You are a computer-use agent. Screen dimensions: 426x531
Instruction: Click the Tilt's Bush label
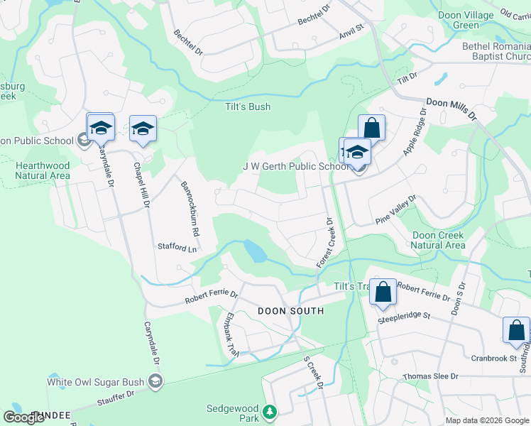[x=248, y=107]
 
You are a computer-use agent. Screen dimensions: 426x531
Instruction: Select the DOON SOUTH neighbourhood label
[x=290, y=311]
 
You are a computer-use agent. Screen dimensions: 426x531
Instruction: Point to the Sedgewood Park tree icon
[x=269, y=412]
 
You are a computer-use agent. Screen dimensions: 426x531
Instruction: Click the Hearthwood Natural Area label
[x=43, y=170]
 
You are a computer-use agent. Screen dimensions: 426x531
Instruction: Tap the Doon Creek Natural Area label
[x=438, y=240]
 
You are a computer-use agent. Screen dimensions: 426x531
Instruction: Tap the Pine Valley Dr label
[x=397, y=210]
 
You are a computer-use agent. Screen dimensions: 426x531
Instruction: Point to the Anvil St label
[x=351, y=28]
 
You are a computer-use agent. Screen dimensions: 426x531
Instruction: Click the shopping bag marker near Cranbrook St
[x=516, y=330]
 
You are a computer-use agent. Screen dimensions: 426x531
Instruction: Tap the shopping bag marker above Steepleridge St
[x=383, y=292]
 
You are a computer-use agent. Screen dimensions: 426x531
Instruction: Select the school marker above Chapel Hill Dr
[x=143, y=129]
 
